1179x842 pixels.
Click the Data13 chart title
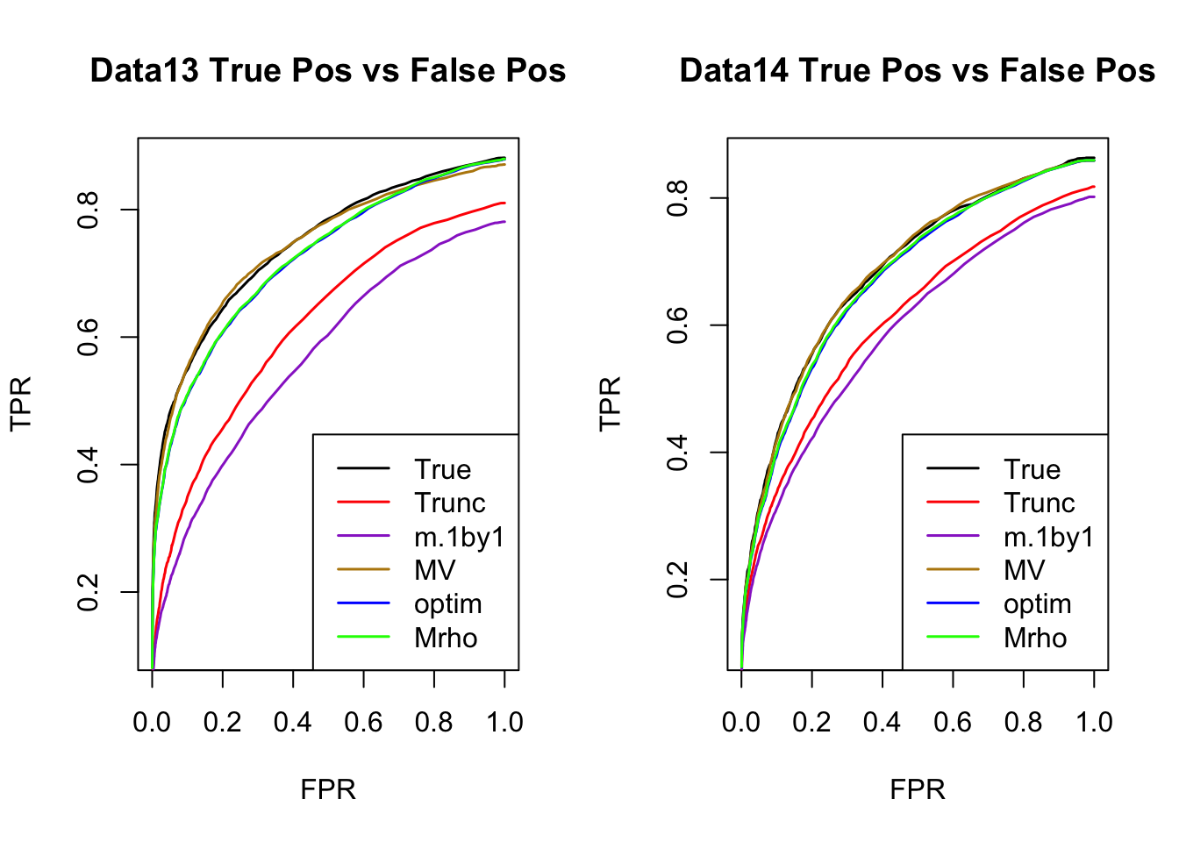(x=328, y=71)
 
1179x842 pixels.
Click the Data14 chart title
(x=917, y=71)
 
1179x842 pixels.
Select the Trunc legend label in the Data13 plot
(x=449, y=503)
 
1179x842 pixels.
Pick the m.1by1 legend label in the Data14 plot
(x=1048, y=537)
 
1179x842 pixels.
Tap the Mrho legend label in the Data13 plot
(x=446, y=638)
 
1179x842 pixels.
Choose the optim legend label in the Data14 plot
(x=1037, y=604)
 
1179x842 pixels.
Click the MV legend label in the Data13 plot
(x=434, y=571)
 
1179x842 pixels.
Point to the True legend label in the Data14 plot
(x=1032, y=470)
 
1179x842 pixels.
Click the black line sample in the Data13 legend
(x=363, y=469)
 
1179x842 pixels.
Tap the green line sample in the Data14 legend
(x=953, y=637)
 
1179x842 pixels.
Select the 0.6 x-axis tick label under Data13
(x=363, y=723)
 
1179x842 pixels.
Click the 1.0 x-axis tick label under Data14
(x=1094, y=723)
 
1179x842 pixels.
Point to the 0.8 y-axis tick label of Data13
(x=89, y=210)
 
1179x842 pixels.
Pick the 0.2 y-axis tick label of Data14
(x=678, y=580)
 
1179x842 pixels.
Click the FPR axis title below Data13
(x=328, y=790)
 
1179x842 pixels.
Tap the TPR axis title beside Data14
(x=610, y=403)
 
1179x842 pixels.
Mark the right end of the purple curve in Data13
(x=504, y=222)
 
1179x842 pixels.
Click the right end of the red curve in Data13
(x=504, y=203)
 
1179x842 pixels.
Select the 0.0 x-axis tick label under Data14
(x=741, y=723)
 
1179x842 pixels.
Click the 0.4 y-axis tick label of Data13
(x=89, y=464)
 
